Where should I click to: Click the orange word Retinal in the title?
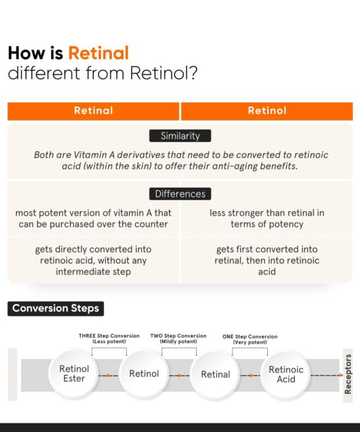pos(98,53)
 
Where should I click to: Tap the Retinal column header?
pos(93,111)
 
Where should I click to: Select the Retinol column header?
pos(267,111)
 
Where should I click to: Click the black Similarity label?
pos(180,136)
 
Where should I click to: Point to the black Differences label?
pos(180,194)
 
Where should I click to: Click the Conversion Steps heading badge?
pos(56,309)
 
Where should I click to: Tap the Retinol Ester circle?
pos(74,373)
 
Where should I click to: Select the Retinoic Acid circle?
pos(286,374)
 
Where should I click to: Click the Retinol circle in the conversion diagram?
pos(144,373)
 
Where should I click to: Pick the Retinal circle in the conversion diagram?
pos(215,374)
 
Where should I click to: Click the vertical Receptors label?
pos(347,374)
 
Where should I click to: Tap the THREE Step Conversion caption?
pos(109,338)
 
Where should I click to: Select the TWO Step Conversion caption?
pos(178,338)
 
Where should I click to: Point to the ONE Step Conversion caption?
pos(250,339)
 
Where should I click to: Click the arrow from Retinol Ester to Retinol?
pos(108,375)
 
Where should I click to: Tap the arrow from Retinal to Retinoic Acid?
pos(250,375)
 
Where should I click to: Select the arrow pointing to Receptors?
pos(326,375)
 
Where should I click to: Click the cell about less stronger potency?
pos(267,219)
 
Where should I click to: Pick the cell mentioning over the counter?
pos(93,219)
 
